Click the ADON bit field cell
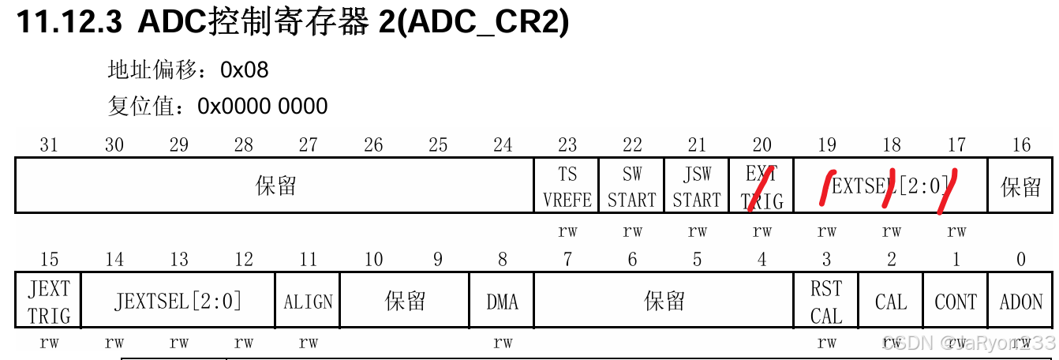point(1021,301)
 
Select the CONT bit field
point(956,301)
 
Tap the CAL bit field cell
point(891,301)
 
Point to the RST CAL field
point(826,301)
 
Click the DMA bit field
point(502,301)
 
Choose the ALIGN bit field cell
point(308,301)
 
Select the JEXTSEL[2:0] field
point(178,301)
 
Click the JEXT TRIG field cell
point(49,301)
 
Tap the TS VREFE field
point(567,186)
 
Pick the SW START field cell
point(632,186)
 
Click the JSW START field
point(697,186)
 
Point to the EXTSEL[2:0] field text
point(890,186)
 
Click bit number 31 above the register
point(49,144)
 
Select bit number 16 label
point(1021,144)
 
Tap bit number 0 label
point(1021,259)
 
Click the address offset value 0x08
point(245,70)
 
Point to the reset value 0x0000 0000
point(263,106)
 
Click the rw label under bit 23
point(567,231)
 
